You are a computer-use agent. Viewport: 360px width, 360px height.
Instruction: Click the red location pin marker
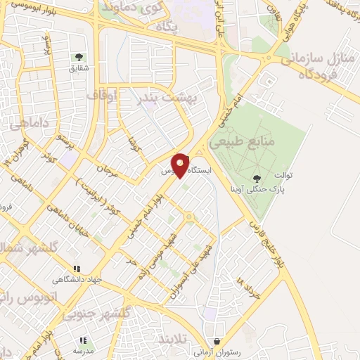[x=181, y=165]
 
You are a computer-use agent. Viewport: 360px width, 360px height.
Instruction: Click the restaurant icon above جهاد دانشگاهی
[x=77, y=269]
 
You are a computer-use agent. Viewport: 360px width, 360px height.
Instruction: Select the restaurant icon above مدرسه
[x=83, y=340]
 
